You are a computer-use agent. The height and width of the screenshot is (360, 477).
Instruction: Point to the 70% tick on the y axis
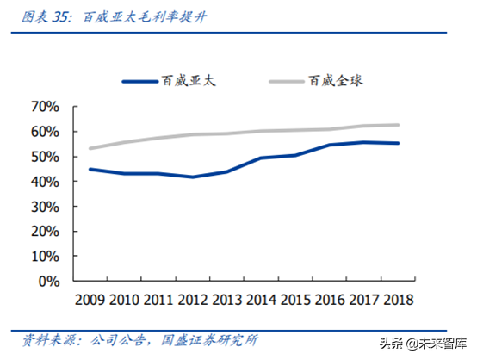pyautogui.click(x=44, y=107)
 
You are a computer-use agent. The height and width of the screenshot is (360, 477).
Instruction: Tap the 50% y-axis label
pyautogui.click(x=44, y=157)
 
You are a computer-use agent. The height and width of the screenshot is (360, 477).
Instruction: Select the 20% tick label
pyautogui.click(x=44, y=232)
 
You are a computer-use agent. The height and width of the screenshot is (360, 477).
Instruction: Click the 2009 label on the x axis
pyautogui.click(x=90, y=299)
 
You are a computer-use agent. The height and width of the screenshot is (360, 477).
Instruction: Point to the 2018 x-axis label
pyautogui.click(x=396, y=299)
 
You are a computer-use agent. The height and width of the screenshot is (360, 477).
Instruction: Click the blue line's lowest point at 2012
pyautogui.click(x=193, y=177)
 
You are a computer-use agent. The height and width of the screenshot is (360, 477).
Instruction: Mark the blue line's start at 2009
pyautogui.click(x=90, y=169)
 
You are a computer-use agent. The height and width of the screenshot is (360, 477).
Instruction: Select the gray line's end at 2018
pyautogui.click(x=398, y=125)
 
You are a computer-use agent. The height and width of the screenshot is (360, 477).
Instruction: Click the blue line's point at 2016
pyautogui.click(x=330, y=145)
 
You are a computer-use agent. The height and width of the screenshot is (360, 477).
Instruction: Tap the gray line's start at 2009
pyautogui.click(x=90, y=148)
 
